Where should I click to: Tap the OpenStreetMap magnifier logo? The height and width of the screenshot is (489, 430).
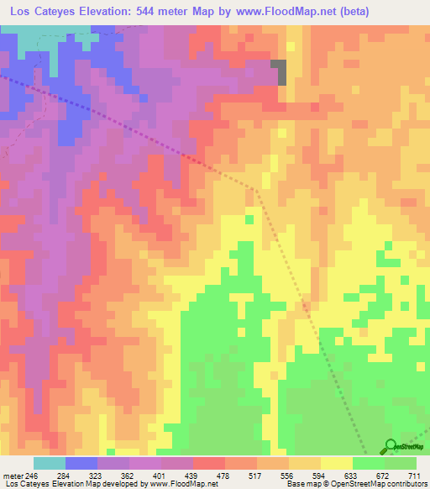391,445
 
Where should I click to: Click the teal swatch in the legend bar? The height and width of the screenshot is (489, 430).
50,463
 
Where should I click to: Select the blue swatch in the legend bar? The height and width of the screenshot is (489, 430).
81,463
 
